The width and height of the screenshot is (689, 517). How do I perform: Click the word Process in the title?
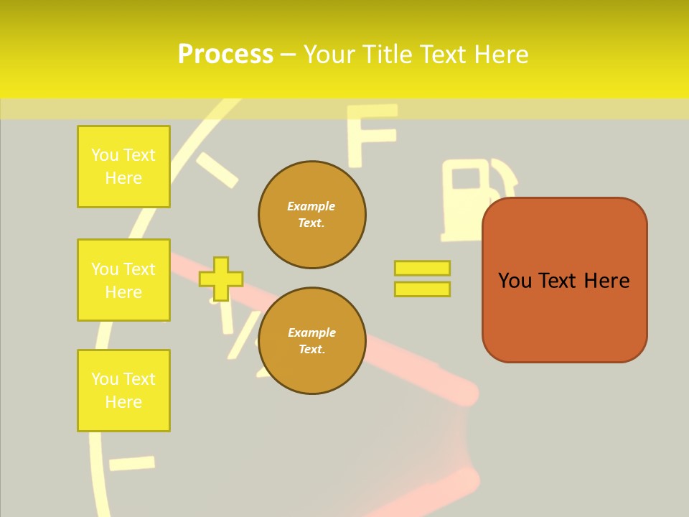(225, 55)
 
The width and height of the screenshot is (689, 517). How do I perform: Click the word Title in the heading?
(386, 55)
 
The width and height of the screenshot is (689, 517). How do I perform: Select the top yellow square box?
(123, 167)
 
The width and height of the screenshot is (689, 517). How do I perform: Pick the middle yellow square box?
(123, 280)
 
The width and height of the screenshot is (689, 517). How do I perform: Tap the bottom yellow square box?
(123, 391)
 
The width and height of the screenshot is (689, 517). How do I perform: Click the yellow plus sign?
(221, 279)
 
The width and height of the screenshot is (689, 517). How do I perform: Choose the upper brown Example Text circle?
(312, 215)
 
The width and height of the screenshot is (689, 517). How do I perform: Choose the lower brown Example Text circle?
(312, 341)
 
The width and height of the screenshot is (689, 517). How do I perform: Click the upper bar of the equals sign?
(422, 268)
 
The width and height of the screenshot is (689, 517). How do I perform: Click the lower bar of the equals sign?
(422, 289)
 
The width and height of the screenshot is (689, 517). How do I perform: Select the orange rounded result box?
(565, 280)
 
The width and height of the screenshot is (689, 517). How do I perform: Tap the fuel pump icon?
(470, 198)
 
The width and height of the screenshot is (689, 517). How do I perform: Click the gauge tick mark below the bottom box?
(132, 462)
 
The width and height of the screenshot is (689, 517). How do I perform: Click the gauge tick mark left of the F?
(216, 170)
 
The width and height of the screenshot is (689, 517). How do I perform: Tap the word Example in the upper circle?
(311, 206)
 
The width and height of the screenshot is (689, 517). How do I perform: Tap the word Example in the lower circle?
(311, 332)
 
